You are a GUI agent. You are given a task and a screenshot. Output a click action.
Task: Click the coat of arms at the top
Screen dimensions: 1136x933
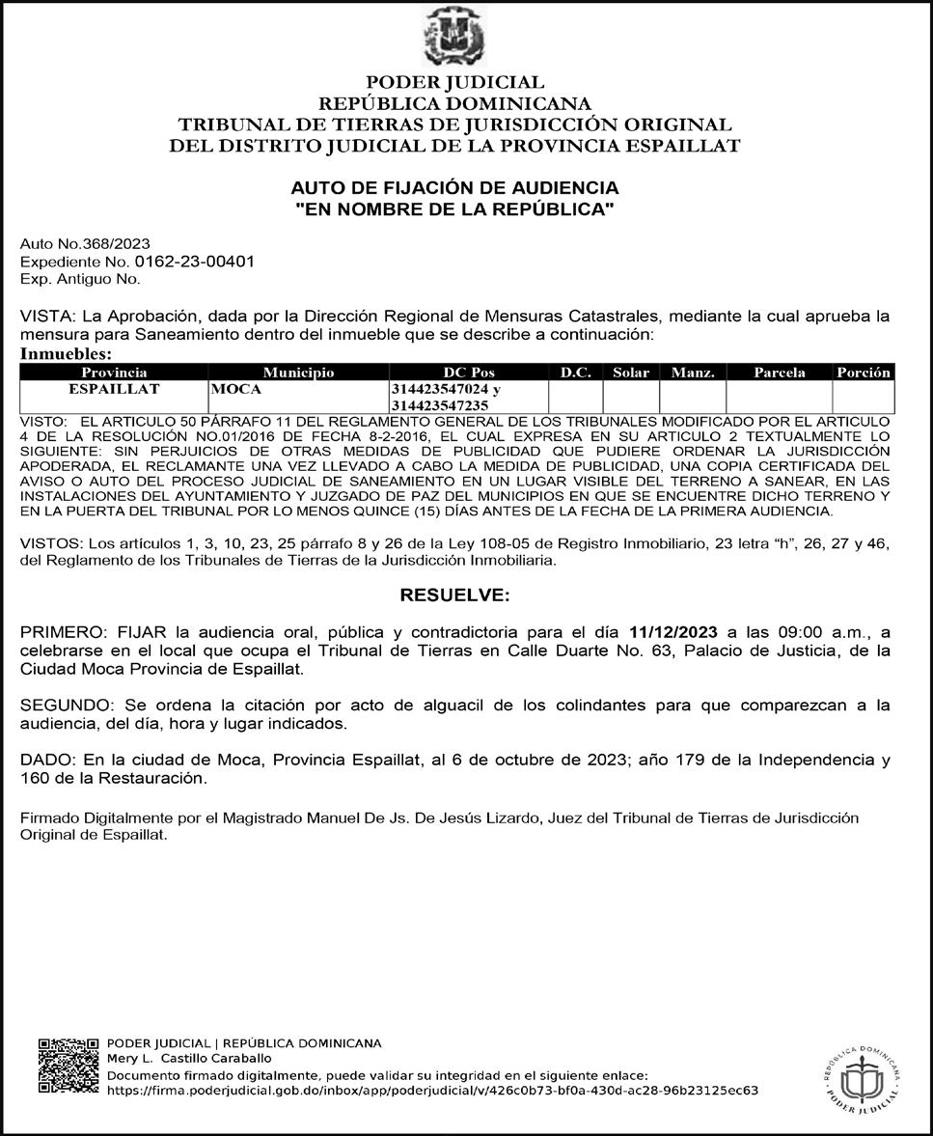tap(453, 37)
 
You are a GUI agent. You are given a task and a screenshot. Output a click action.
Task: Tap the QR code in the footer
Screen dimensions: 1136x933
tap(68, 1066)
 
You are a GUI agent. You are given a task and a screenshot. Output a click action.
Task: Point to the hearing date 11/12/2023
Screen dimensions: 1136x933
tap(672, 632)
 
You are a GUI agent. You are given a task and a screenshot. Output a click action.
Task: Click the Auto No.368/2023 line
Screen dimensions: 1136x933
tap(85, 244)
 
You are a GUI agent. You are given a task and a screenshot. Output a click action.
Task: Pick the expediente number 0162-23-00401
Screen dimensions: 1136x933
tap(195, 262)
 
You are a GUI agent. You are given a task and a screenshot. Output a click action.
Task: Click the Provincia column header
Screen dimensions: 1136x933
tap(114, 373)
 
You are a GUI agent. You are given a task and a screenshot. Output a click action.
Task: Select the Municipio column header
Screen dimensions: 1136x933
tap(298, 373)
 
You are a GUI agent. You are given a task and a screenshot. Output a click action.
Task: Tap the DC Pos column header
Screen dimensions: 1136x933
tap(468, 373)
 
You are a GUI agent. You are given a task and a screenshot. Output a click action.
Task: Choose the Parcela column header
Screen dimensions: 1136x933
tap(779, 373)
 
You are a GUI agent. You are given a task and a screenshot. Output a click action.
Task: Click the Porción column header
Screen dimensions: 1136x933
tap(864, 373)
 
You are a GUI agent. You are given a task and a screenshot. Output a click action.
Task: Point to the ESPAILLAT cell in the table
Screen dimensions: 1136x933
tap(114, 389)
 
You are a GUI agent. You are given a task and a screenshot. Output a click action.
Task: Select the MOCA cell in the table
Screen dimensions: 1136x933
tap(236, 389)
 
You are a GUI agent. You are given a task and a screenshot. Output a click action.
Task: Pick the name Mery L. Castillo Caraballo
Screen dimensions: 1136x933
tap(189, 1060)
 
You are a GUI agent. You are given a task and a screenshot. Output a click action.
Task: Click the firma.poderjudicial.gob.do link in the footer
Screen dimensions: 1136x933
tap(431, 1091)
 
